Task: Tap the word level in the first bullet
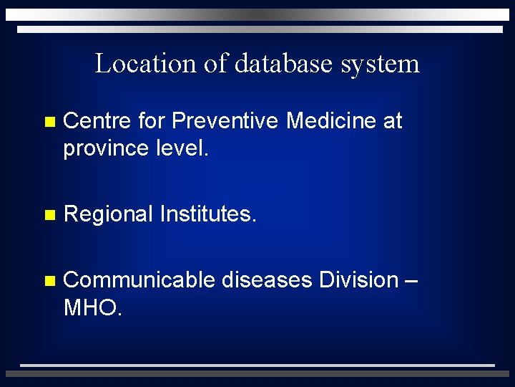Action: click(182, 148)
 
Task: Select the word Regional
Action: click(108, 214)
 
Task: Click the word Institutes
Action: click(207, 214)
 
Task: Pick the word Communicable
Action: click(139, 279)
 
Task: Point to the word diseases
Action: click(267, 279)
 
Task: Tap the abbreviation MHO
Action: click(92, 307)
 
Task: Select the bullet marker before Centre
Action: click(48, 123)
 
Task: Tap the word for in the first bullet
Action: click(151, 121)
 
